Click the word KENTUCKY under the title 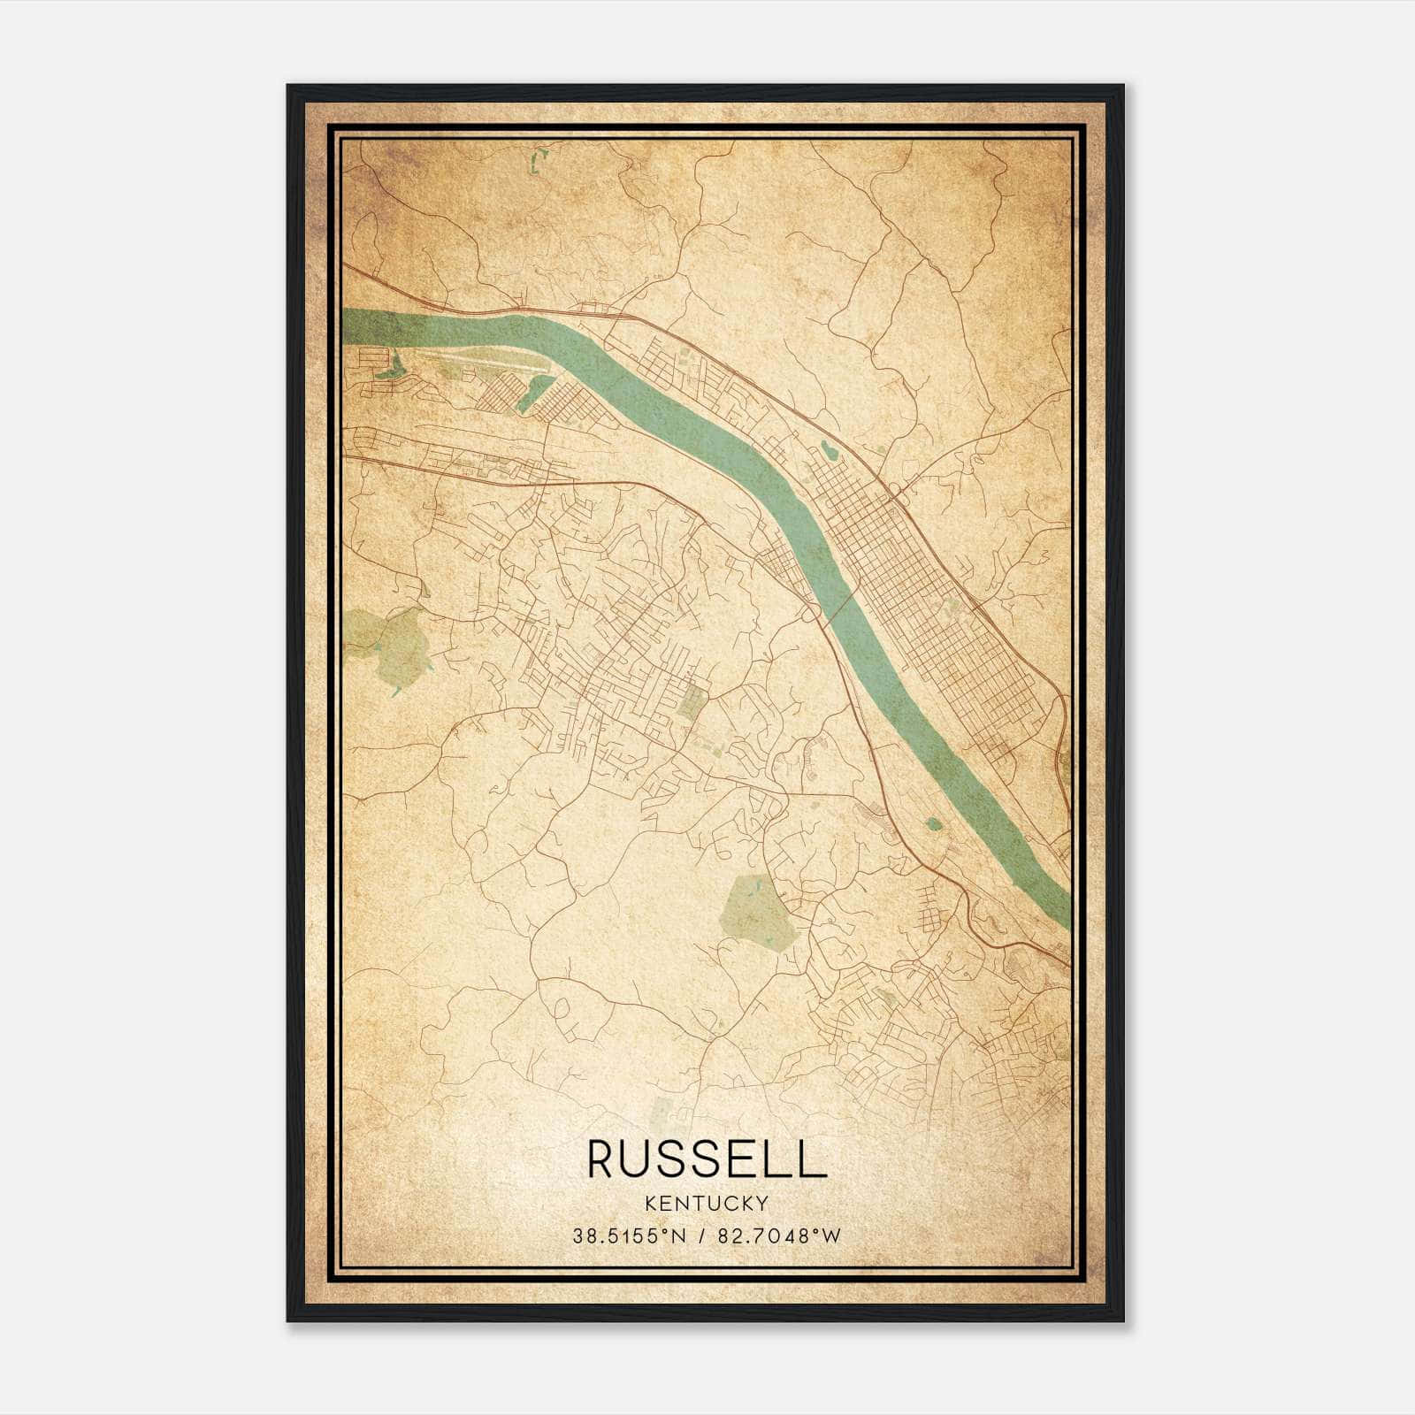pos(707,1203)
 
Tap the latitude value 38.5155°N pos(628,1236)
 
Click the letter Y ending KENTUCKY pos(761,1203)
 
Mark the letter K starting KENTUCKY pos(652,1203)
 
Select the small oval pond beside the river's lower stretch pos(934,825)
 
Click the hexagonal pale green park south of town pos(760,911)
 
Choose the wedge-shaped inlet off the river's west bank pos(535,394)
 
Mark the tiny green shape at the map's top pos(538,162)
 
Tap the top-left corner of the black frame pos(289,87)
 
